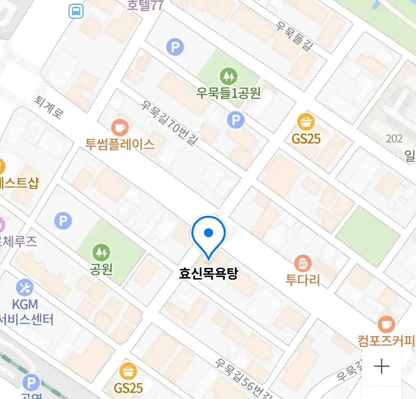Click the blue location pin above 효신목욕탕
209,235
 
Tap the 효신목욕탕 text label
208,273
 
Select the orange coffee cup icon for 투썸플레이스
119,128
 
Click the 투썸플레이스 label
120,144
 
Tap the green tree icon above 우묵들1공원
229,76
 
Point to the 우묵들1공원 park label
229,93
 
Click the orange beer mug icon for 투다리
303,263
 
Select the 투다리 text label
303,280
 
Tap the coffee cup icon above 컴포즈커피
386,324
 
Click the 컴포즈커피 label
386,340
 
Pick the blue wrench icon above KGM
25,288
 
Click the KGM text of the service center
25,304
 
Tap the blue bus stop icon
76,11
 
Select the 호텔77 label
145,5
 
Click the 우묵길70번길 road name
170,123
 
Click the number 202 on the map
394,139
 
